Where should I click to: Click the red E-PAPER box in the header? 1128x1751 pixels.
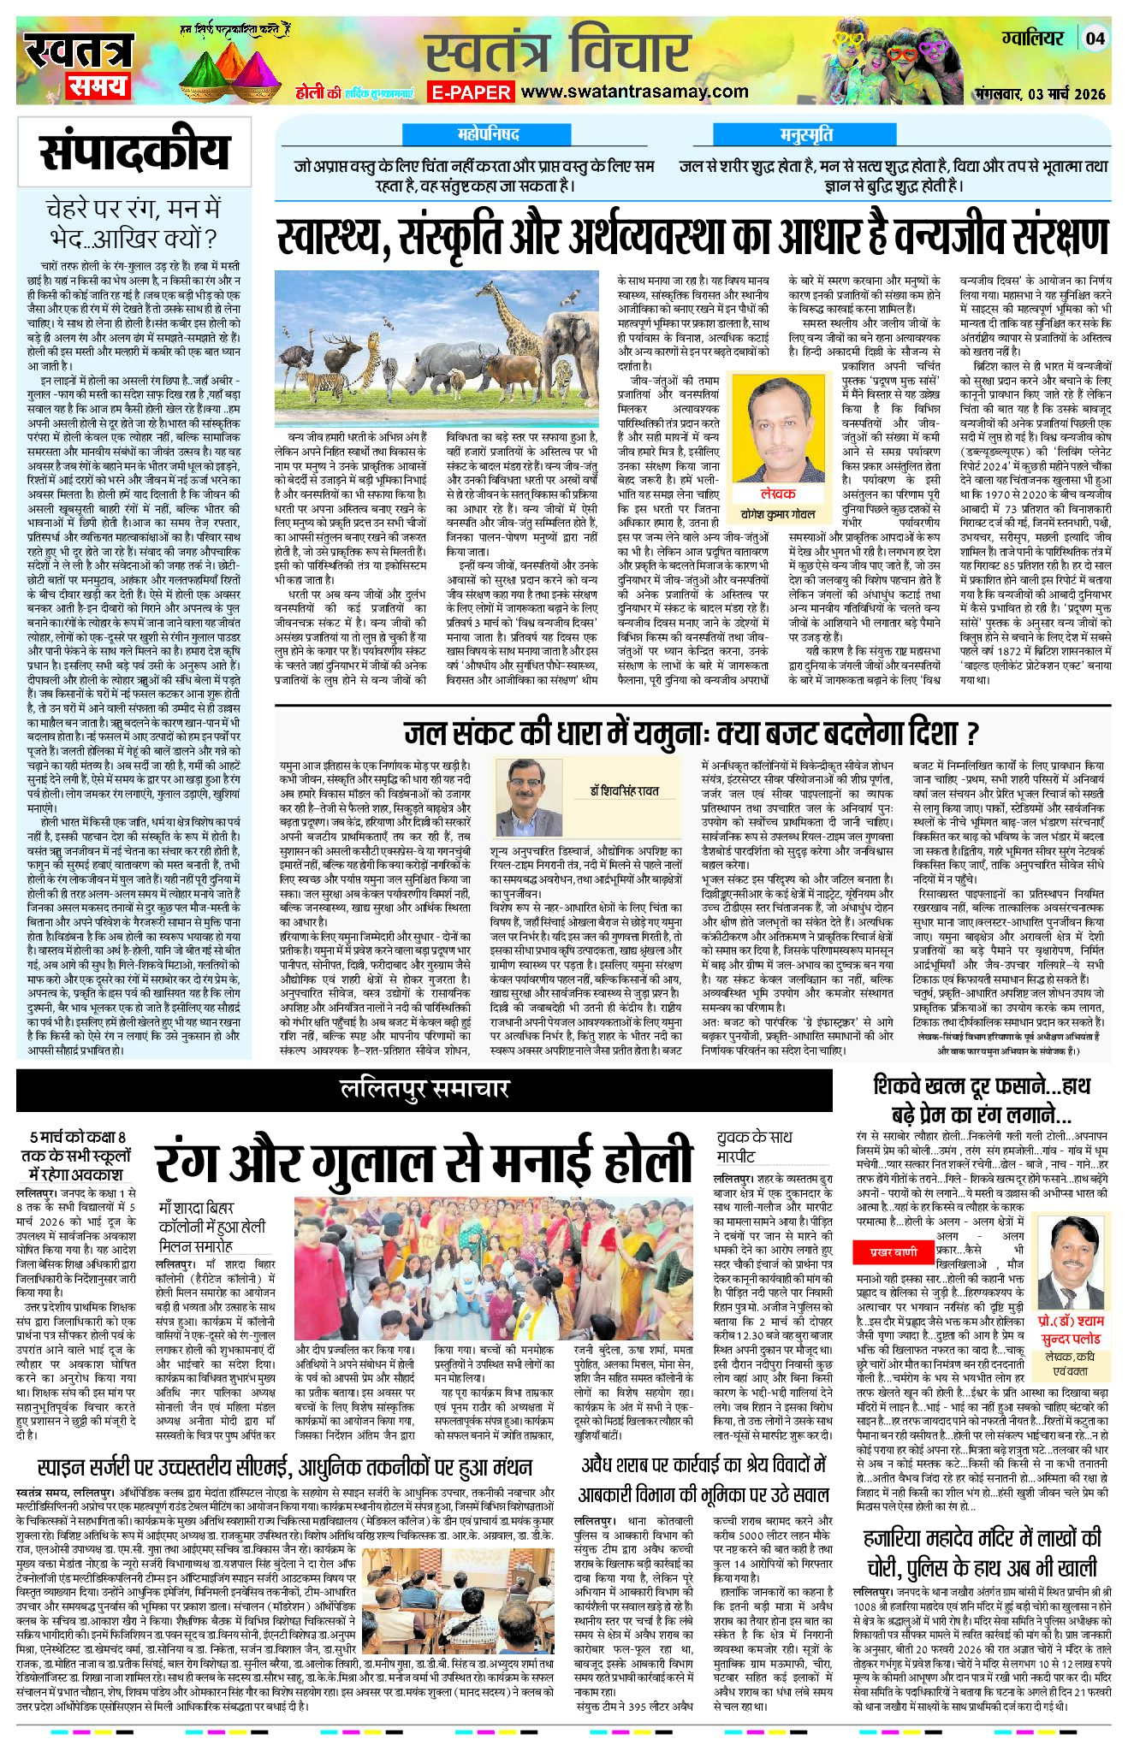click(471, 92)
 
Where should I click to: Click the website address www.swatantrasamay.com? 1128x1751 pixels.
click(634, 92)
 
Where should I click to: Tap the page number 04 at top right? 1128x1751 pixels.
click(1096, 38)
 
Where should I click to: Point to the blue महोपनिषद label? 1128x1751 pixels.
click(487, 135)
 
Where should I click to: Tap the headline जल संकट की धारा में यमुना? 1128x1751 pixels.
click(692, 734)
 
